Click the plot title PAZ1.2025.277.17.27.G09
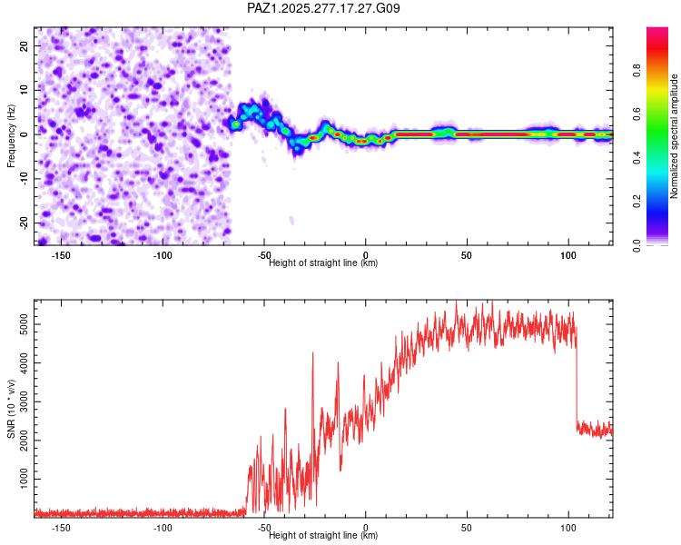(323, 8)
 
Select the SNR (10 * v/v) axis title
(11, 408)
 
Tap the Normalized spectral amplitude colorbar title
(674, 136)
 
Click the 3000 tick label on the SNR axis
(20, 401)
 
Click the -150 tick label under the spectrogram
(62, 256)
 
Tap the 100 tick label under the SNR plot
(567, 528)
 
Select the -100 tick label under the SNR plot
(163, 528)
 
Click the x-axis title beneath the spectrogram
(323, 263)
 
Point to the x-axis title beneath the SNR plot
(323, 536)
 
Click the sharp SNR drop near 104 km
(577, 381)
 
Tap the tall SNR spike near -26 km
(312, 354)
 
